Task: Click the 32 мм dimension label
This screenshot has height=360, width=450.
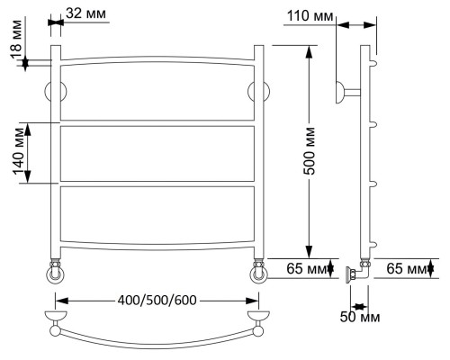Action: click(x=86, y=13)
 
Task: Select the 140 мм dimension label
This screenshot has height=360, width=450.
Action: click(x=19, y=151)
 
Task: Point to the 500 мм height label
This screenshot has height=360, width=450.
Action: click(x=309, y=151)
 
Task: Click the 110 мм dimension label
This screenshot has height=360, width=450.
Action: click(x=310, y=16)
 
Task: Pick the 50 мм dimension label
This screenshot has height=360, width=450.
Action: click(x=360, y=317)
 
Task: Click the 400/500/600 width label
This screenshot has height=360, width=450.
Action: click(x=157, y=300)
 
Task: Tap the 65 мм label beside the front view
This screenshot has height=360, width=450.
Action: click(x=306, y=268)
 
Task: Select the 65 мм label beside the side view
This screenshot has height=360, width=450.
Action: click(x=406, y=268)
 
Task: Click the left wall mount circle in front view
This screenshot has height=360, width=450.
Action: click(x=56, y=92)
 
